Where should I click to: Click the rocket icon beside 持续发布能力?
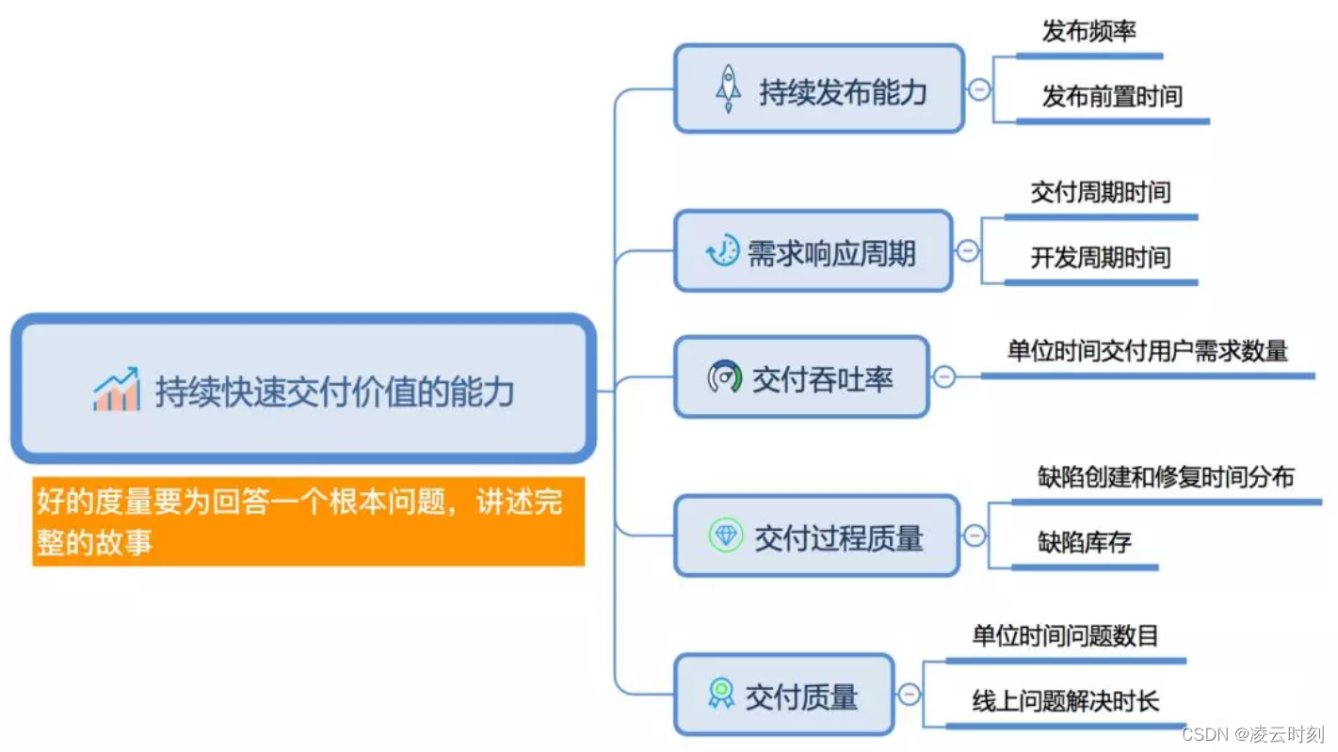coord(728,88)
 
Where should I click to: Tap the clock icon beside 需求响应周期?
coord(722,251)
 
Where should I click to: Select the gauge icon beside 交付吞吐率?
coord(725,376)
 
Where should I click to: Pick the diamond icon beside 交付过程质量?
coord(726,536)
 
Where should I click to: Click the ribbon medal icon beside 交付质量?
coord(721,694)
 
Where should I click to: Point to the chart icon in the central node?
coord(117,390)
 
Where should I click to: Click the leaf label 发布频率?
coord(1088,31)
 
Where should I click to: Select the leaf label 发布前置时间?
coord(1111,96)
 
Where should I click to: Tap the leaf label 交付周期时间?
coord(1100,193)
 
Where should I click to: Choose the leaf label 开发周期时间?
coord(1100,258)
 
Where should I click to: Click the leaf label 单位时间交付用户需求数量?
coord(1147,352)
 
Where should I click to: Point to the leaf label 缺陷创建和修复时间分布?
coord(1166,476)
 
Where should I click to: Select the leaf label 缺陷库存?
coord(1084,542)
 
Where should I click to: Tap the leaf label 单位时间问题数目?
coord(1065,636)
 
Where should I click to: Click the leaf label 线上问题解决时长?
coord(1065,701)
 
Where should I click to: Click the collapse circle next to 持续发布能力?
coord(979,89)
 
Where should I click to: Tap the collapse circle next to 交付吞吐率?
coord(943,377)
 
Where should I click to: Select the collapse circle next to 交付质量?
coord(909,696)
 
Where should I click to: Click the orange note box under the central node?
coord(308,521)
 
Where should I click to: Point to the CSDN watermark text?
coord(1252,733)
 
